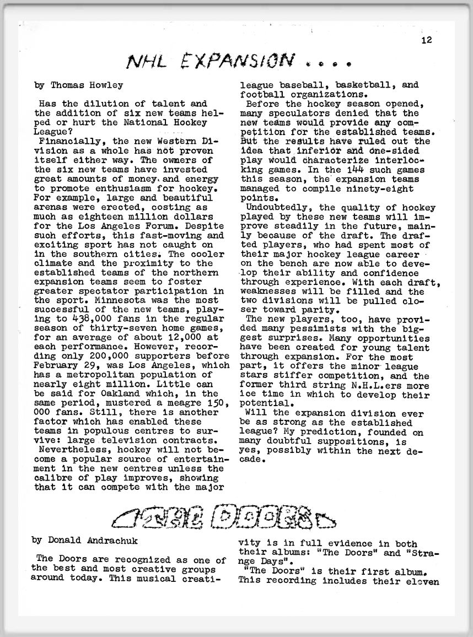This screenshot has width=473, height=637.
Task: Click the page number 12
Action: [427, 40]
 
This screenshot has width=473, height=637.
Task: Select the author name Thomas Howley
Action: [87, 85]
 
